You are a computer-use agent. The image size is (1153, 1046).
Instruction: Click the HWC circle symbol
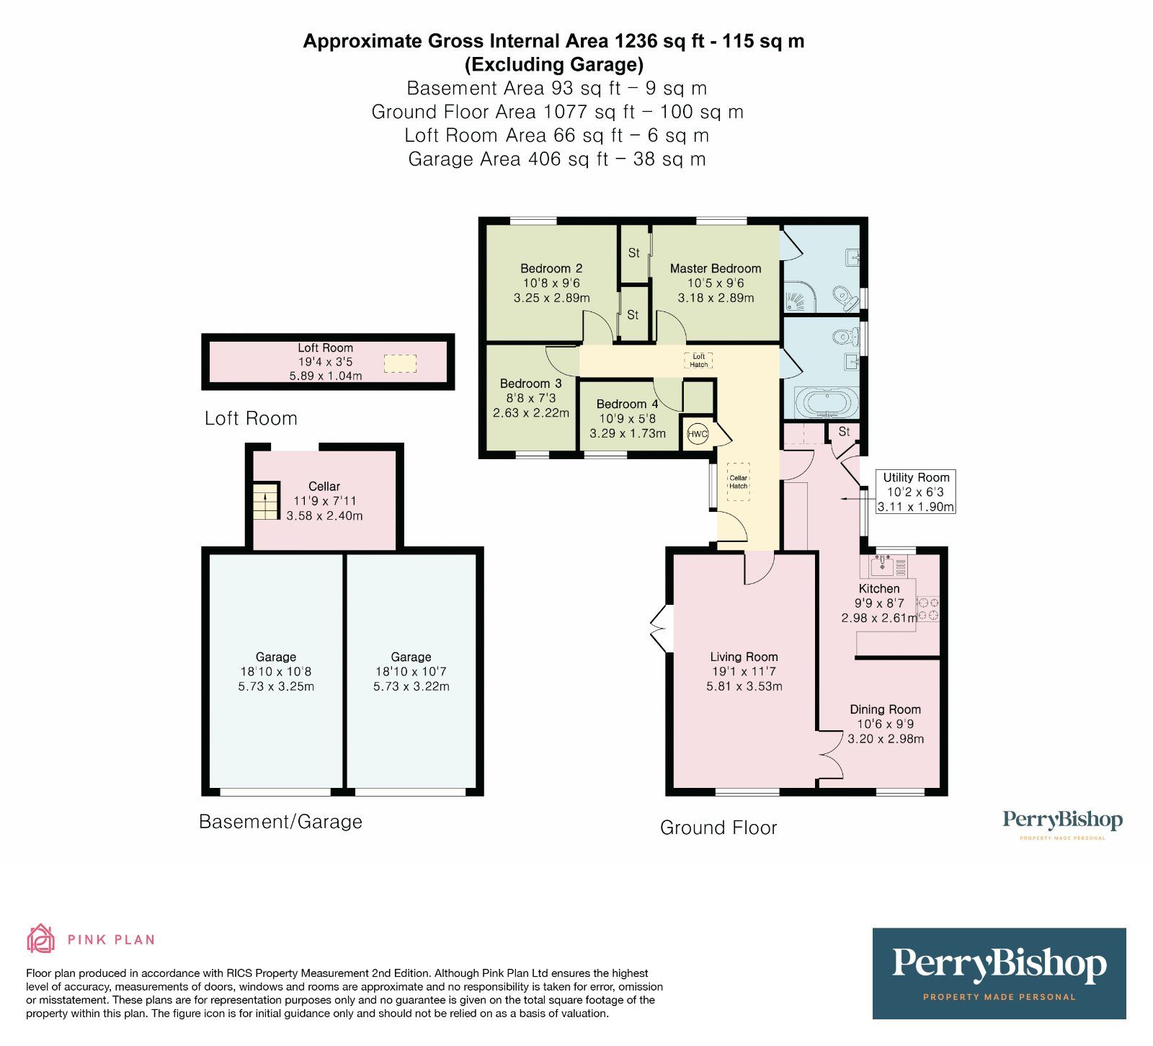(697, 434)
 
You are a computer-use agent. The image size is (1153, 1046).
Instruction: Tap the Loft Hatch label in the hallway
(698, 360)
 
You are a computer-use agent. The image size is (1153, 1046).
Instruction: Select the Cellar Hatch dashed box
(738, 481)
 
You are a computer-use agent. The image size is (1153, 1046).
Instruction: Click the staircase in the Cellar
(265, 501)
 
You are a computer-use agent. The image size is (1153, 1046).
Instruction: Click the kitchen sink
(882, 567)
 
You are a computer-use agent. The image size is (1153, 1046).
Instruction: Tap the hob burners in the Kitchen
(928, 608)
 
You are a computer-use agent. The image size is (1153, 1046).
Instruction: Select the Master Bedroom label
(715, 268)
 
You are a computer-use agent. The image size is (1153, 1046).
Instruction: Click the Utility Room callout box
(915, 492)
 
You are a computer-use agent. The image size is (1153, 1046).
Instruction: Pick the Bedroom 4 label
(627, 404)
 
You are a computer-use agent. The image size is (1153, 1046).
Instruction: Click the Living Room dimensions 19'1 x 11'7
(744, 671)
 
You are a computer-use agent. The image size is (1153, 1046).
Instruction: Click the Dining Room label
(885, 709)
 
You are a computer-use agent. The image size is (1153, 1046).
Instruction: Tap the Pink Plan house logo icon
(40, 939)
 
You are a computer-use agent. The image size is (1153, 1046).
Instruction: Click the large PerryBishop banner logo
(999, 973)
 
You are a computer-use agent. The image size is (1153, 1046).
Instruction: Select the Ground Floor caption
(718, 828)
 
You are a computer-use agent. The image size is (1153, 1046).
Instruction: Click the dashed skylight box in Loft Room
(400, 363)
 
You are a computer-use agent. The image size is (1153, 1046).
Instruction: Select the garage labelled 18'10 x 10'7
(411, 671)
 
